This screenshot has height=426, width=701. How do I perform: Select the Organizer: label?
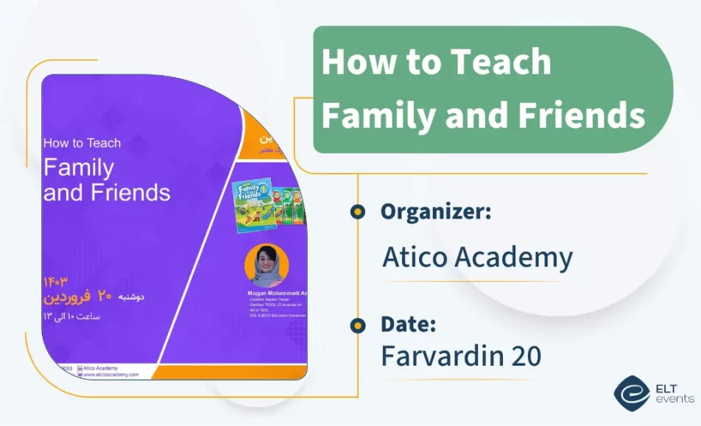(436, 212)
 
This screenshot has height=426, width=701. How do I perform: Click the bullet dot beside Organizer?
(358, 212)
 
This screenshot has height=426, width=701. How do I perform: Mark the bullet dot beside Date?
(358, 324)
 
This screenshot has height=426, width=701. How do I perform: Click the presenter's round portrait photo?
(266, 265)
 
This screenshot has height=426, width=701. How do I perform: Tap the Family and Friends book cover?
(253, 207)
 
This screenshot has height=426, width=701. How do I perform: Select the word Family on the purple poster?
(79, 168)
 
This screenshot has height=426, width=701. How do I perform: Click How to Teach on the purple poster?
(82, 143)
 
